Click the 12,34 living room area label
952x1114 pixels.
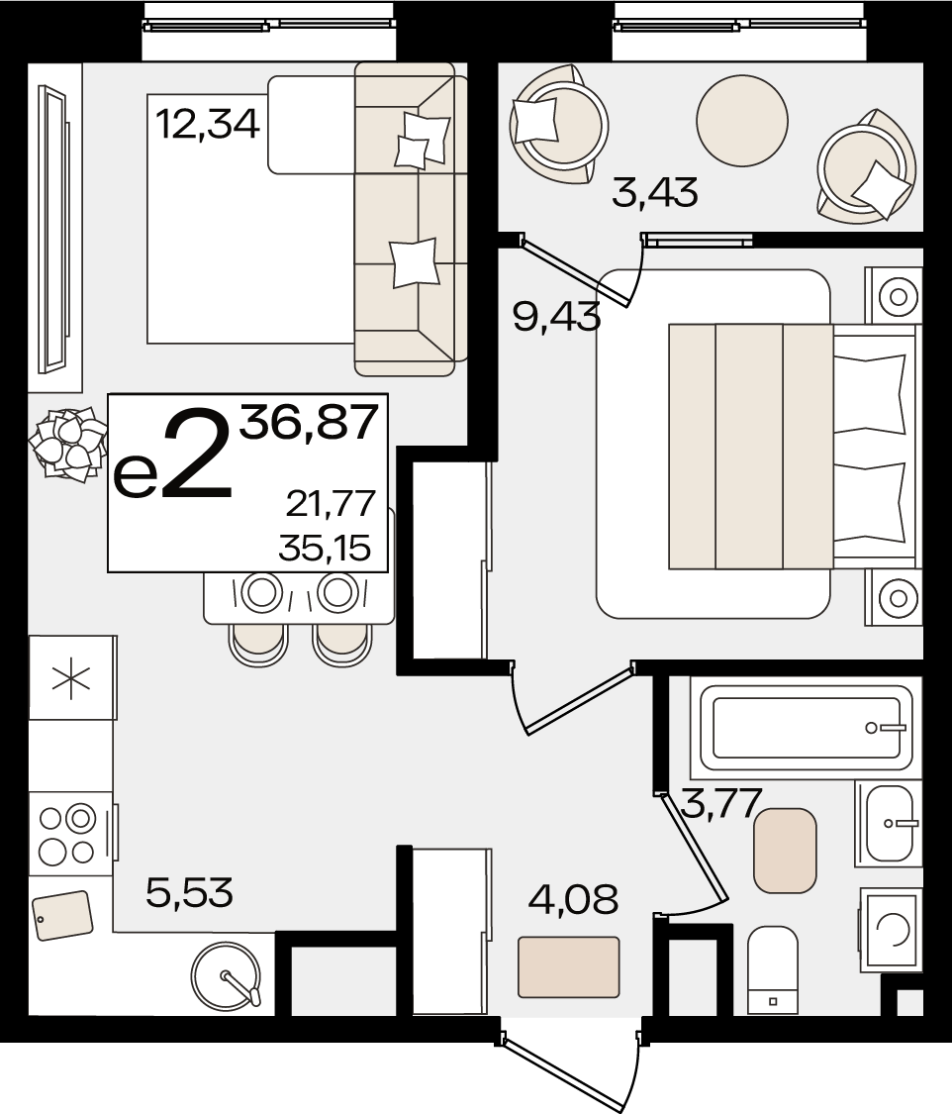pyautogui.click(x=207, y=125)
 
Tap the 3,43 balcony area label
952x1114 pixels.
pyautogui.click(x=654, y=192)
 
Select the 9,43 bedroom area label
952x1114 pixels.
pyautogui.click(x=556, y=316)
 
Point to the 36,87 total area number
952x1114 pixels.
pyautogui.click(x=308, y=422)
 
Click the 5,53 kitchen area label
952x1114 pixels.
pyautogui.click(x=189, y=892)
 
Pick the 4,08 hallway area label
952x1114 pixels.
pyautogui.click(x=574, y=899)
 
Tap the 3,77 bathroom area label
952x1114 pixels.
pyautogui.click(x=721, y=803)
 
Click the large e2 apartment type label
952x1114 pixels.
pyautogui.click(x=173, y=455)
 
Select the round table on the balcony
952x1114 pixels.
pyautogui.click(x=742, y=121)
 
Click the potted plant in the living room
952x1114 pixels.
pyautogui.click(x=65, y=444)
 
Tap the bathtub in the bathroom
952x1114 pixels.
pyautogui.click(x=806, y=728)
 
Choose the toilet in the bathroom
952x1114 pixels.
pyautogui.click(x=773, y=969)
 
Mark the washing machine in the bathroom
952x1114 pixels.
pyautogui.click(x=891, y=929)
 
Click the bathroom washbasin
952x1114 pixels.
pyautogui.click(x=889, y=824)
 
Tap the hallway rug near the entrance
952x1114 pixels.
pyautogui.click(x=569, y=966)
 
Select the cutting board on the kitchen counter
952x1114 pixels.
pyautogui.click(x=62, y=915)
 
